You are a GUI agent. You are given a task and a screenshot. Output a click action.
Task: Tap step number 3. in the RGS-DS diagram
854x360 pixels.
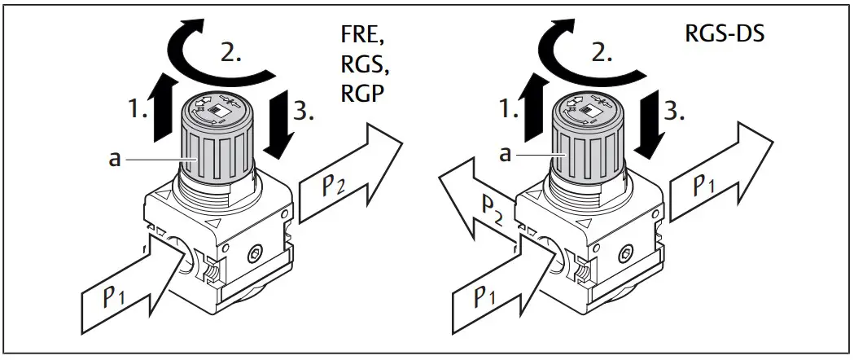click(x=673, y=112)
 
